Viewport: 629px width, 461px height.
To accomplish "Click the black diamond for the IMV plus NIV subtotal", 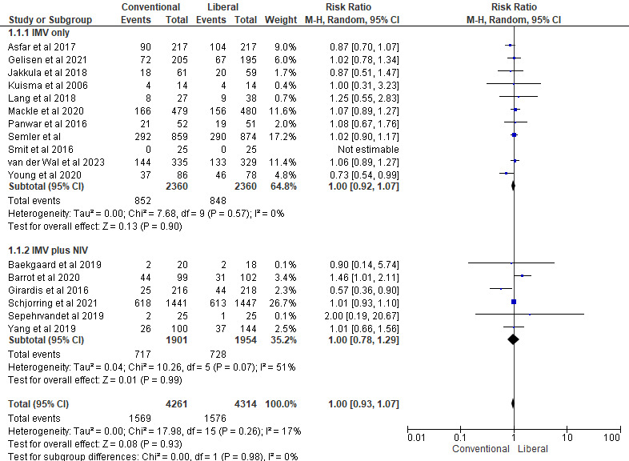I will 513,339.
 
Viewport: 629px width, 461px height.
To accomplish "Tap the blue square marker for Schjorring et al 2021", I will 514,301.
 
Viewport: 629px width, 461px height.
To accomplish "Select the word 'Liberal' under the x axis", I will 533,450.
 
